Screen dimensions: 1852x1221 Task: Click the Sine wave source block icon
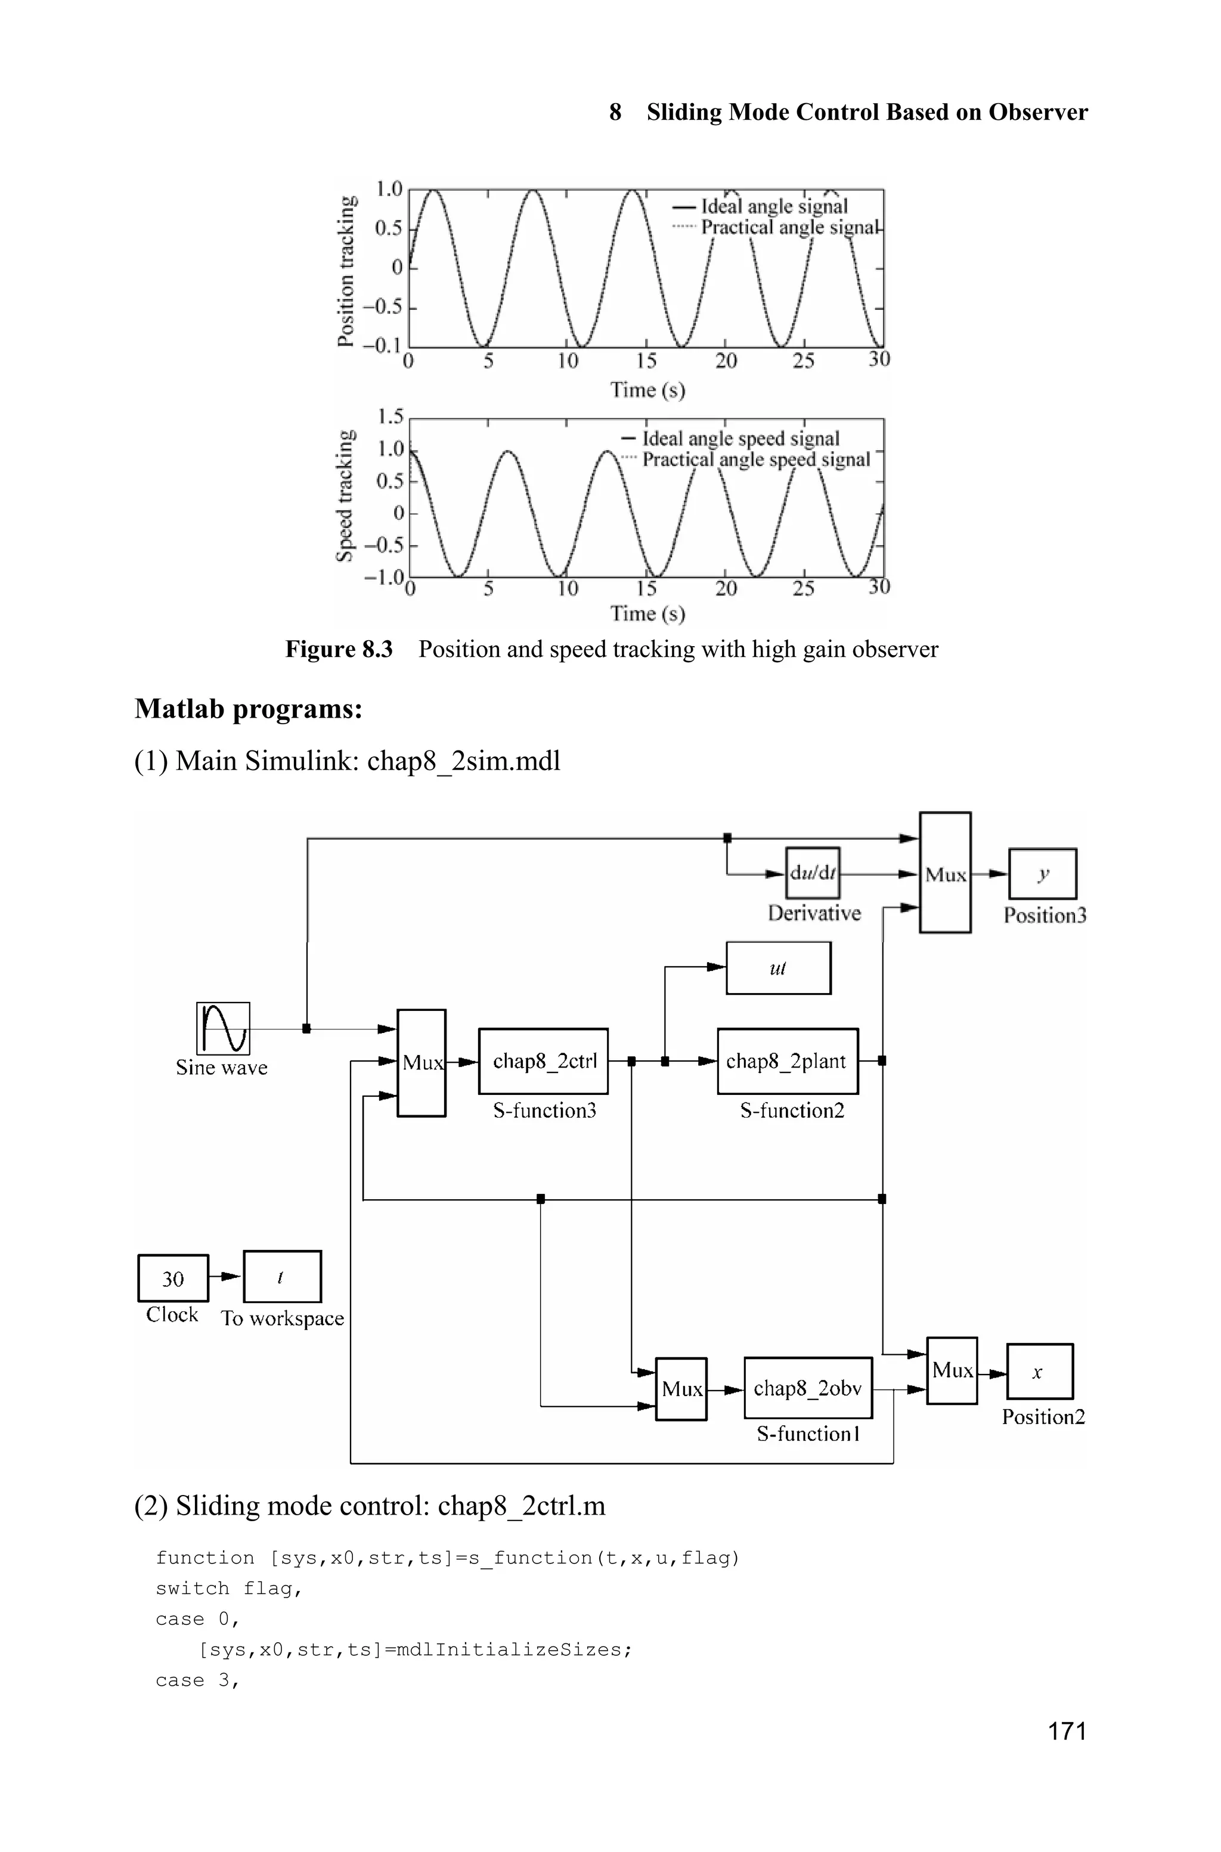[224, 1028]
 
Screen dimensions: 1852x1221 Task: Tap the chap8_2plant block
[786, 1061]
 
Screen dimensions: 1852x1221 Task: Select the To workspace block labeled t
[282, 1277]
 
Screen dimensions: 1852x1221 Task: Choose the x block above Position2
[1039, 1372]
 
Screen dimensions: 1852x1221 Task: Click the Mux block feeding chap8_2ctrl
[422, 1063]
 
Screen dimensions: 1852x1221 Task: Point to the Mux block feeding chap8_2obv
[681, 1389]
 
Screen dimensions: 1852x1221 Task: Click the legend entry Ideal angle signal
[773, 206]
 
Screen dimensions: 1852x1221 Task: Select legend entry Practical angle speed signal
[755, 460]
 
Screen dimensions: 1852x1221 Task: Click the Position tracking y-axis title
[346, 270]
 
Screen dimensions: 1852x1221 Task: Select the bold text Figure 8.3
[339, 649]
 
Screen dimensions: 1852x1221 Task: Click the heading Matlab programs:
[249, 709]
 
